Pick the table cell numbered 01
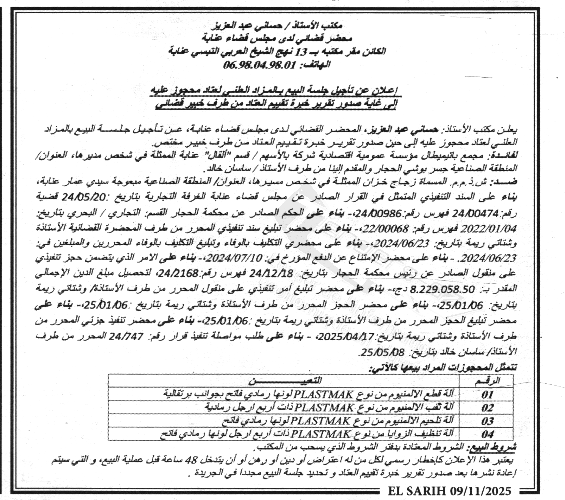(x=487, y=394)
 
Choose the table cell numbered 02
(x=487, y=408)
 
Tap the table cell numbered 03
(x=487, y=421)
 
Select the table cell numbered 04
(x=487, y=434)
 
